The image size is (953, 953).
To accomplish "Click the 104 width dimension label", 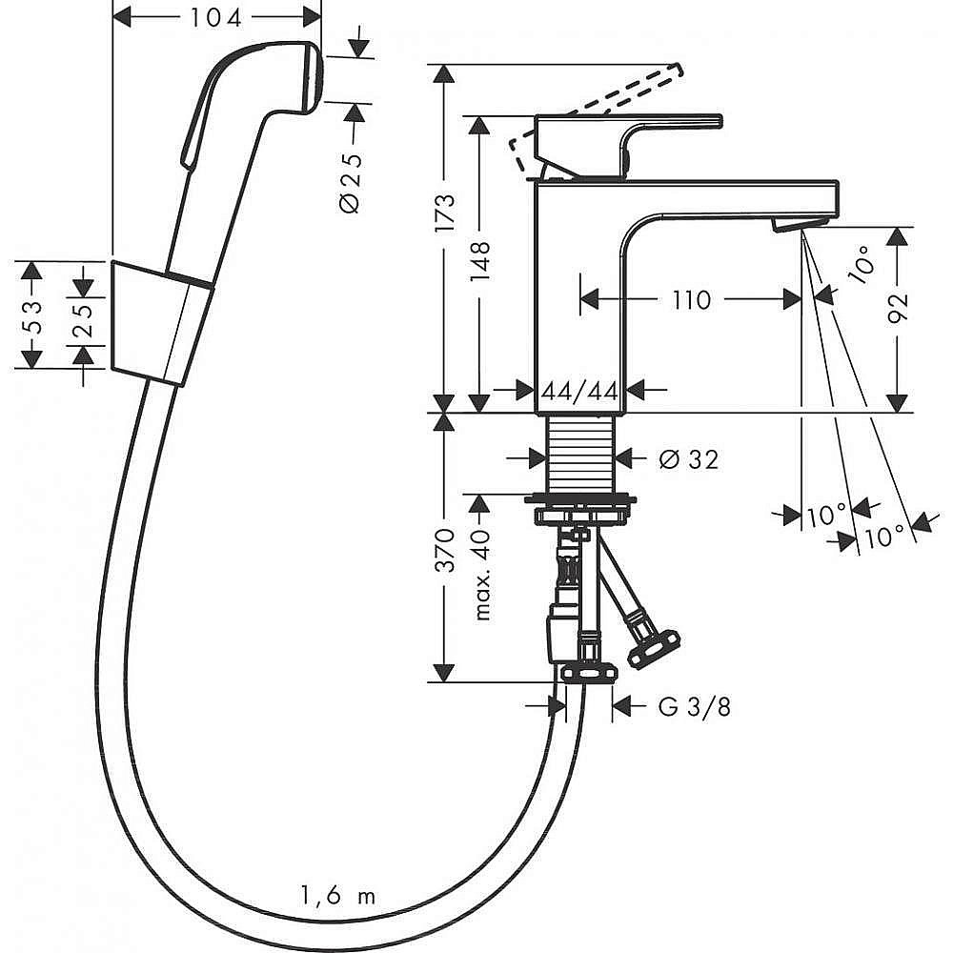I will pyautogui.click(x=217, y=16).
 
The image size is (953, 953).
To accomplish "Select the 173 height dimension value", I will pyautogui.click(x=444, y=215).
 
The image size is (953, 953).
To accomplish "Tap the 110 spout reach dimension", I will pyautogui.click(x=691, y=299).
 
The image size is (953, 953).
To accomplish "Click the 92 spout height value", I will pyautogui.click(x=898, y=308).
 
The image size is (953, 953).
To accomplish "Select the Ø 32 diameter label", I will pyautogui.click(x=688, y=459).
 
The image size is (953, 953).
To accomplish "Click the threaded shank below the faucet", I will pyautogui.click(x=580, y=453).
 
